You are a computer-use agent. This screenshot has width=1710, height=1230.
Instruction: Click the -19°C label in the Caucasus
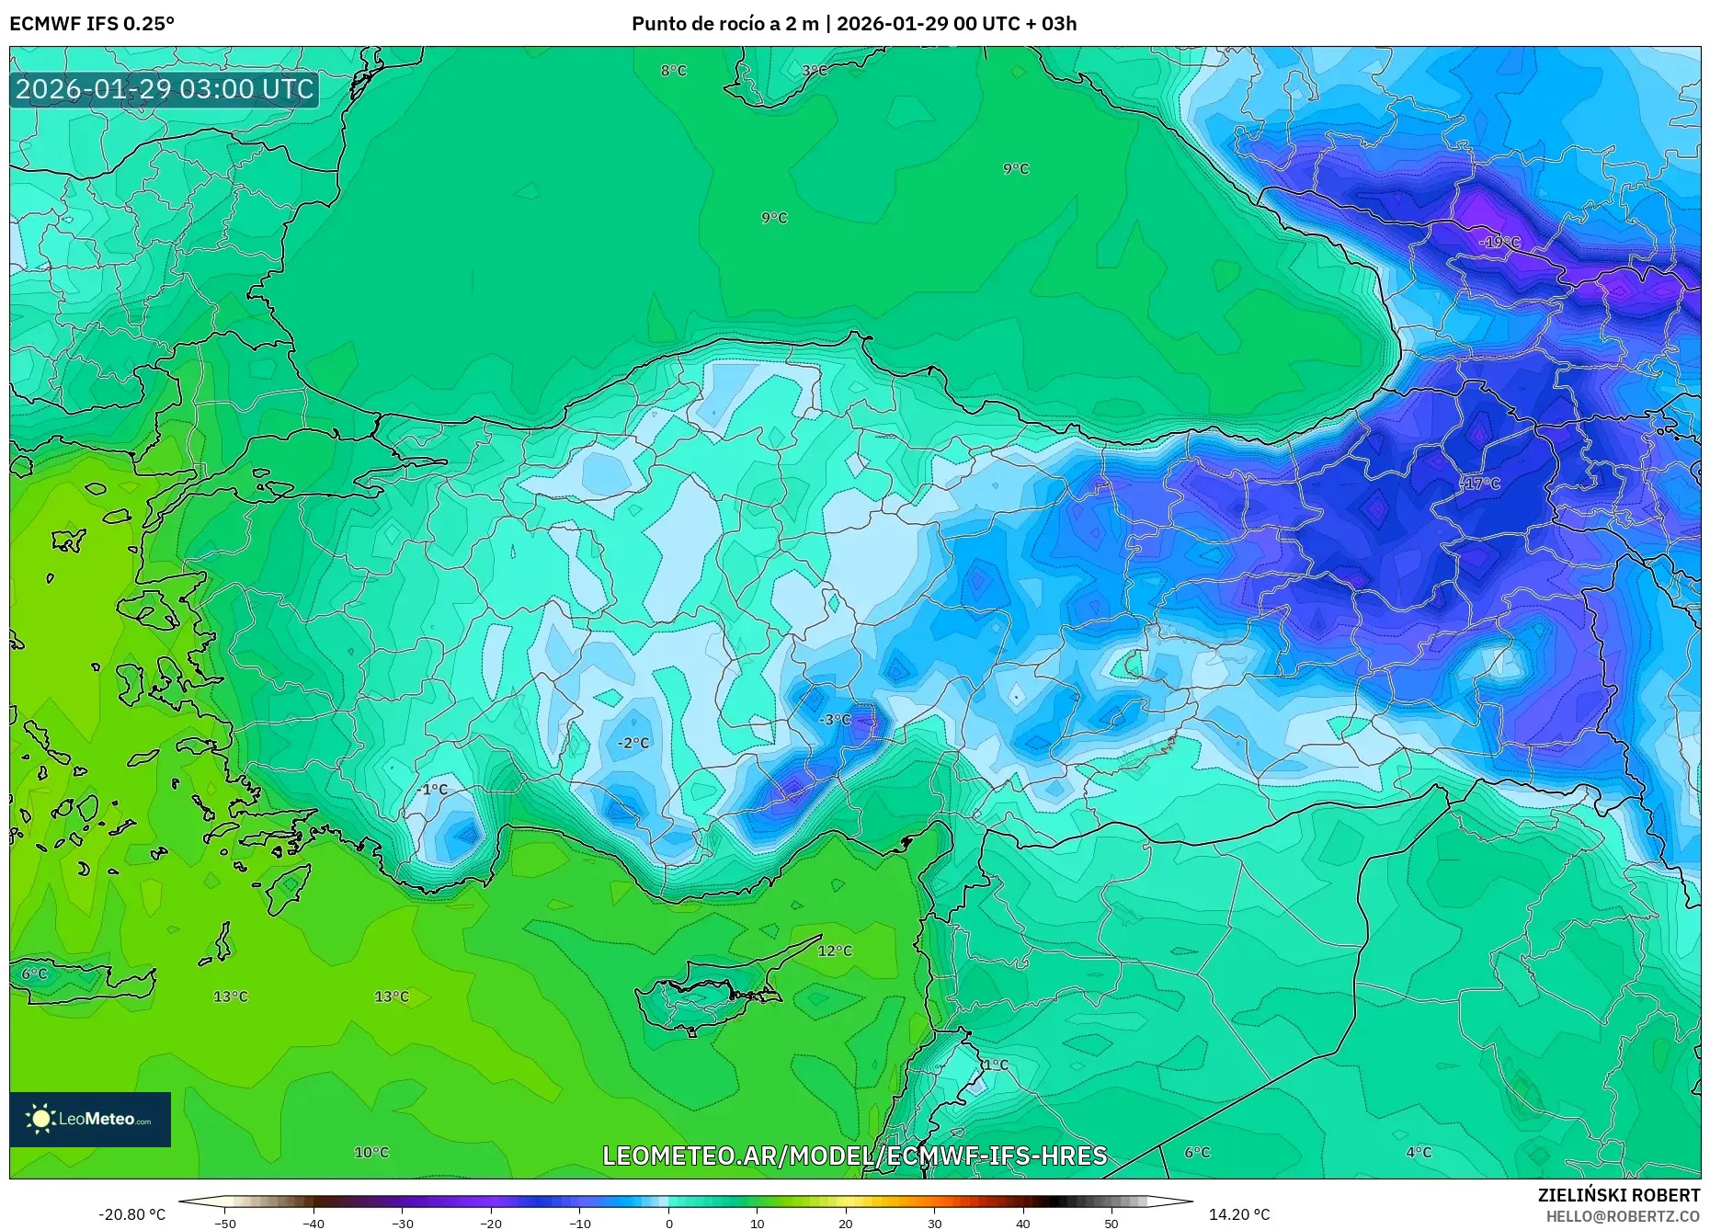pyautogui.click(x=1499, y=243)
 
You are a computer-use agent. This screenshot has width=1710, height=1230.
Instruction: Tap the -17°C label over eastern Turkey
pyautogui.click(x=1481, y=484)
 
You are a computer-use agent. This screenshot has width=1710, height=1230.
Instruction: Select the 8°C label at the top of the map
pyautogui.click(x=673, y=71)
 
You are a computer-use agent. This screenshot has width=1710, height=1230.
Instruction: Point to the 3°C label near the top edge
pyautogui.click(x=814, y=71)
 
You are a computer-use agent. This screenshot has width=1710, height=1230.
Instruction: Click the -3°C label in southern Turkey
pyautogui.click(x=835, y=720)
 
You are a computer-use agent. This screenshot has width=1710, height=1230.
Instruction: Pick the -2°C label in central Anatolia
pyautogui.click(x=633, y=743)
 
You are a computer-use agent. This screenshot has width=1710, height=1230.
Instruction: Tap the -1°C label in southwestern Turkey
pyautogui.click(x=432, y=790)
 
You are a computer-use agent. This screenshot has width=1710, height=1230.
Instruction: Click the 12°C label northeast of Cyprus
pyautogui.click(x=835, y=951)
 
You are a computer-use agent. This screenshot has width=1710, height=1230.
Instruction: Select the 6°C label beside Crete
pyautogui.click(x=34, y=974)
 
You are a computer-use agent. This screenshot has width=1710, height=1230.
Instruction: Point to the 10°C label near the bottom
pyautogui.click(x=371, y=1152)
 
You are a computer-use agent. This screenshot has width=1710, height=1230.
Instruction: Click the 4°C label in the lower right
pyautogui.click(x=1419, y=1152)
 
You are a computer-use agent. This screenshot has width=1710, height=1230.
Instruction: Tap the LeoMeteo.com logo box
pyautogui.click(x=90, y=1119)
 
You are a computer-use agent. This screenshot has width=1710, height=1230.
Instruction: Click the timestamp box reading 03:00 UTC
pyautogui.click(x=165, y=89)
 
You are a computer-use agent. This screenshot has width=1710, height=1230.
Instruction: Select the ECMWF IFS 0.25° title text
pyautogui.click(x=92, y=23)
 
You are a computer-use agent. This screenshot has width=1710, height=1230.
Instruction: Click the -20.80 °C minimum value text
pyautogui.click(x=131, y=1214)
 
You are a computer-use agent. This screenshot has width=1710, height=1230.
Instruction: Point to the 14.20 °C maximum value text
pyautogui.click(x=1238, y=1214)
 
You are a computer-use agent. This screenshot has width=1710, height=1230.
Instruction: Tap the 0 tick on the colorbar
pyautogui.click(x=668, y=1224)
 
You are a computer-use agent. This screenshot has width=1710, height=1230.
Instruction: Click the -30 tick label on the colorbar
pyautogui.click(x=402, y=1224)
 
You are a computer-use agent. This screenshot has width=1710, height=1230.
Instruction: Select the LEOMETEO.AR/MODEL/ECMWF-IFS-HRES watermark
pyautogui.click(x=854, y=1156)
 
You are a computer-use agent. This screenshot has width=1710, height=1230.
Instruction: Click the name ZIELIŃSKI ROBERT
pyautogui.click(x=1618, y=1195)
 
